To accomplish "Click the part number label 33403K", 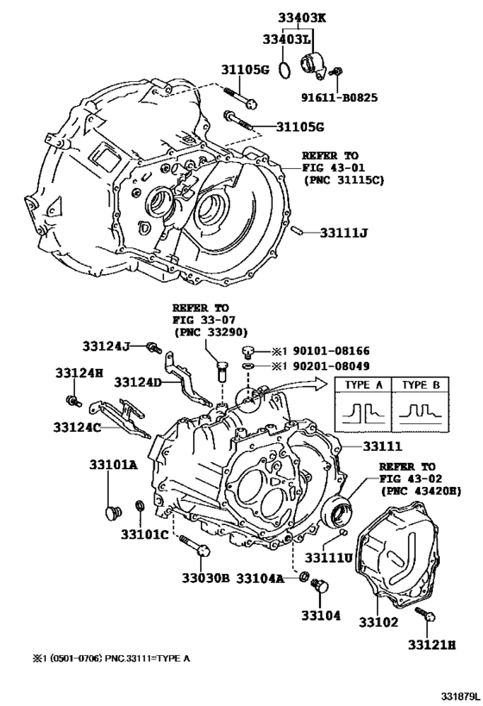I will click(298, 15).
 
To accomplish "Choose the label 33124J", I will click(106, 346).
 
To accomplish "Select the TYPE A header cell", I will click(361, 385).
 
